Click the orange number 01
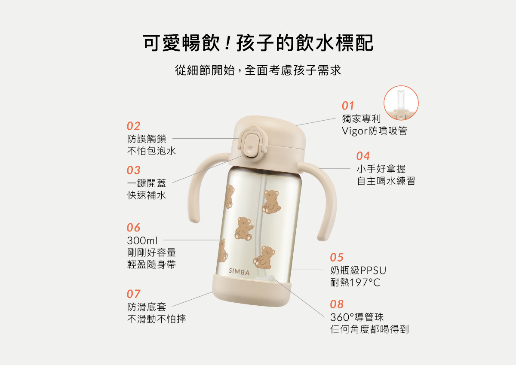(347, 106)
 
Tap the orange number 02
(133, 126)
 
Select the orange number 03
(133, 170)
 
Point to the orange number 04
(363, 156)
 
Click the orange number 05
(337, 257)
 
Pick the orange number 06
(133, 228)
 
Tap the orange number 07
(133, 294)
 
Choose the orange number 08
(337, 304)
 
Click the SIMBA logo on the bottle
(239, 272)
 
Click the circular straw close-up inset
(401, 103)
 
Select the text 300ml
(142, 241)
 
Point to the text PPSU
(373, 271)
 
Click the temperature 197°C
(365, 283)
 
